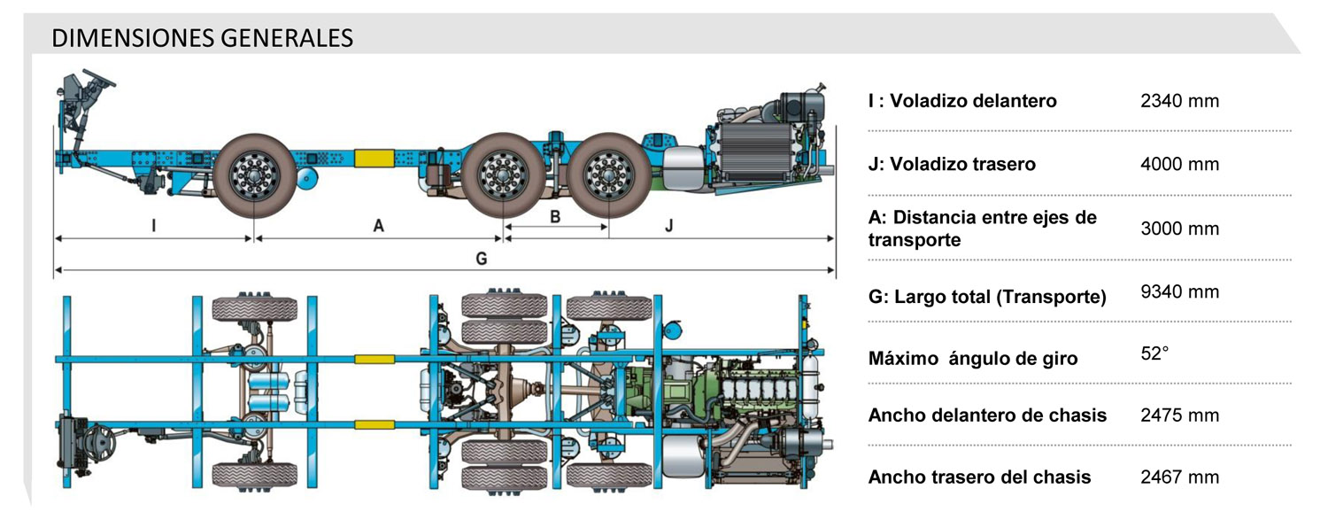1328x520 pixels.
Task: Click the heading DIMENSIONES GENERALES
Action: click(x=202, y=38)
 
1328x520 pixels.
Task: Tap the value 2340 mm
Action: click(x=1179, y=101)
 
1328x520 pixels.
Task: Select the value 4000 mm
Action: click(x=1179, y=164)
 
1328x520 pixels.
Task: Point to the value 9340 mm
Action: click(x=1179, y=292)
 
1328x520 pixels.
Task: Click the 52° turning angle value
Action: click(x=1154, y=353)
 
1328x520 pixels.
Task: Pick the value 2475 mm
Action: click(x=1179, y=415)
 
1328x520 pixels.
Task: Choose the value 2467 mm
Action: click(x=1179, y=477)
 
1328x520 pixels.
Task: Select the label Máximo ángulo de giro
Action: click(x=973, y=359)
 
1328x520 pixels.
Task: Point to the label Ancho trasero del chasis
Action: click(x=979, y=477)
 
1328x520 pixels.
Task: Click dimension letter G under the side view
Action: click(x=481, y=258)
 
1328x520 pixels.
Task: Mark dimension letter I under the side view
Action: click(x=154, y=225)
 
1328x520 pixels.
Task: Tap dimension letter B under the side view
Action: click(x=555, y=215)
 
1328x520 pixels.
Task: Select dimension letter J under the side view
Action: click(x=669, y=225)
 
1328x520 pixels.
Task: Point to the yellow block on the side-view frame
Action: click(x=374, y=157)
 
